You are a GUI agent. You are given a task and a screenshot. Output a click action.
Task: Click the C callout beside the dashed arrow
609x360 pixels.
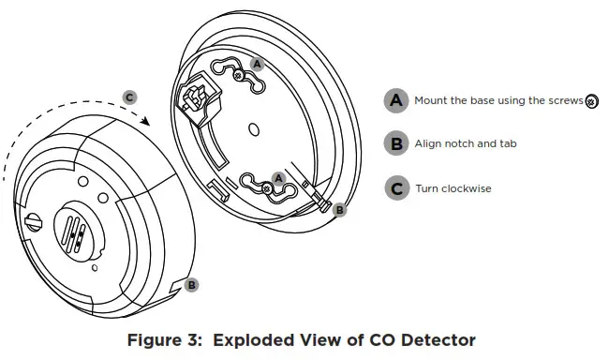(130, 97)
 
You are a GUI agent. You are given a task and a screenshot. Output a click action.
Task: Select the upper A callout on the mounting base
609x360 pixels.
(258, 64)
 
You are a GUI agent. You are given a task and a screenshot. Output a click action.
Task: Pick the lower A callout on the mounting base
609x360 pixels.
(277, 176)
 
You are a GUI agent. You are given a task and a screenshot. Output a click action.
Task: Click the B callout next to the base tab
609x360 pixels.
(339, 210)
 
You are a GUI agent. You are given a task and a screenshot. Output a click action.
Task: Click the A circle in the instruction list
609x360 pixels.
(396, 100)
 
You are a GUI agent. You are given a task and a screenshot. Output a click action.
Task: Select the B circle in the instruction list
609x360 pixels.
(396, 143)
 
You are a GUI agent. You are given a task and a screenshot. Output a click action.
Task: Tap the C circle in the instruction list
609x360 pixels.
(396, 188)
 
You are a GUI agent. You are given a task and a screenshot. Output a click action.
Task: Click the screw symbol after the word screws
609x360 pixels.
(591, 101)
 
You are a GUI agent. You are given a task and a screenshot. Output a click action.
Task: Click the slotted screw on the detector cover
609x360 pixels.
(37, 223)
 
